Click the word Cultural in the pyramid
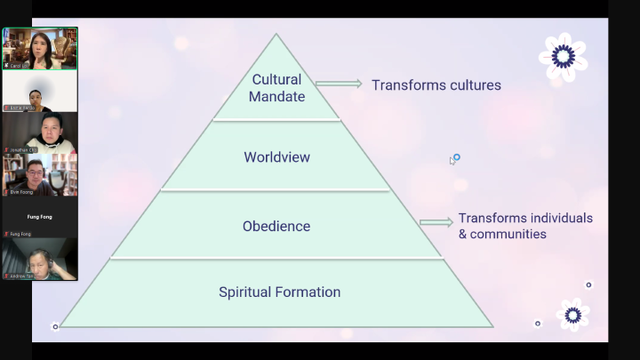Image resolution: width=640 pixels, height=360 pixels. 276,80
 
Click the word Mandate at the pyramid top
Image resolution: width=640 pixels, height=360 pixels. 276,96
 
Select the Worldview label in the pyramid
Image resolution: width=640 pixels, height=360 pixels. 276,157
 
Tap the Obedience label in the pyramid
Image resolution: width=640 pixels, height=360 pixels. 276,226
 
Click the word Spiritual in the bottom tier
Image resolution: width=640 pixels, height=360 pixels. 248,292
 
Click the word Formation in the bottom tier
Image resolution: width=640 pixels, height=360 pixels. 310,292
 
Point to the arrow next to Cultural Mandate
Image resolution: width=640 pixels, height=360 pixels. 339,84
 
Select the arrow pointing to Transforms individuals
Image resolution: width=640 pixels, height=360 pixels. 436,222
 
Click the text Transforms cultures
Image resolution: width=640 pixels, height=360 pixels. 436,85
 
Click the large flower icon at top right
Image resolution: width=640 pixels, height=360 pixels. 563,57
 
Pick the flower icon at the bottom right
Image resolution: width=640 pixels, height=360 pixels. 572,315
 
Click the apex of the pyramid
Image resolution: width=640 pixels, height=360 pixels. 276,36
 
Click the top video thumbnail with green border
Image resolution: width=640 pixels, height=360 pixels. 39,48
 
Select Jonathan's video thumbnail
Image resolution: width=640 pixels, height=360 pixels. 39,132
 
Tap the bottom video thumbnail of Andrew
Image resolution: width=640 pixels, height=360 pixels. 39,260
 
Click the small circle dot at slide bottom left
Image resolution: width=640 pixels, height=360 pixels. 55,327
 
